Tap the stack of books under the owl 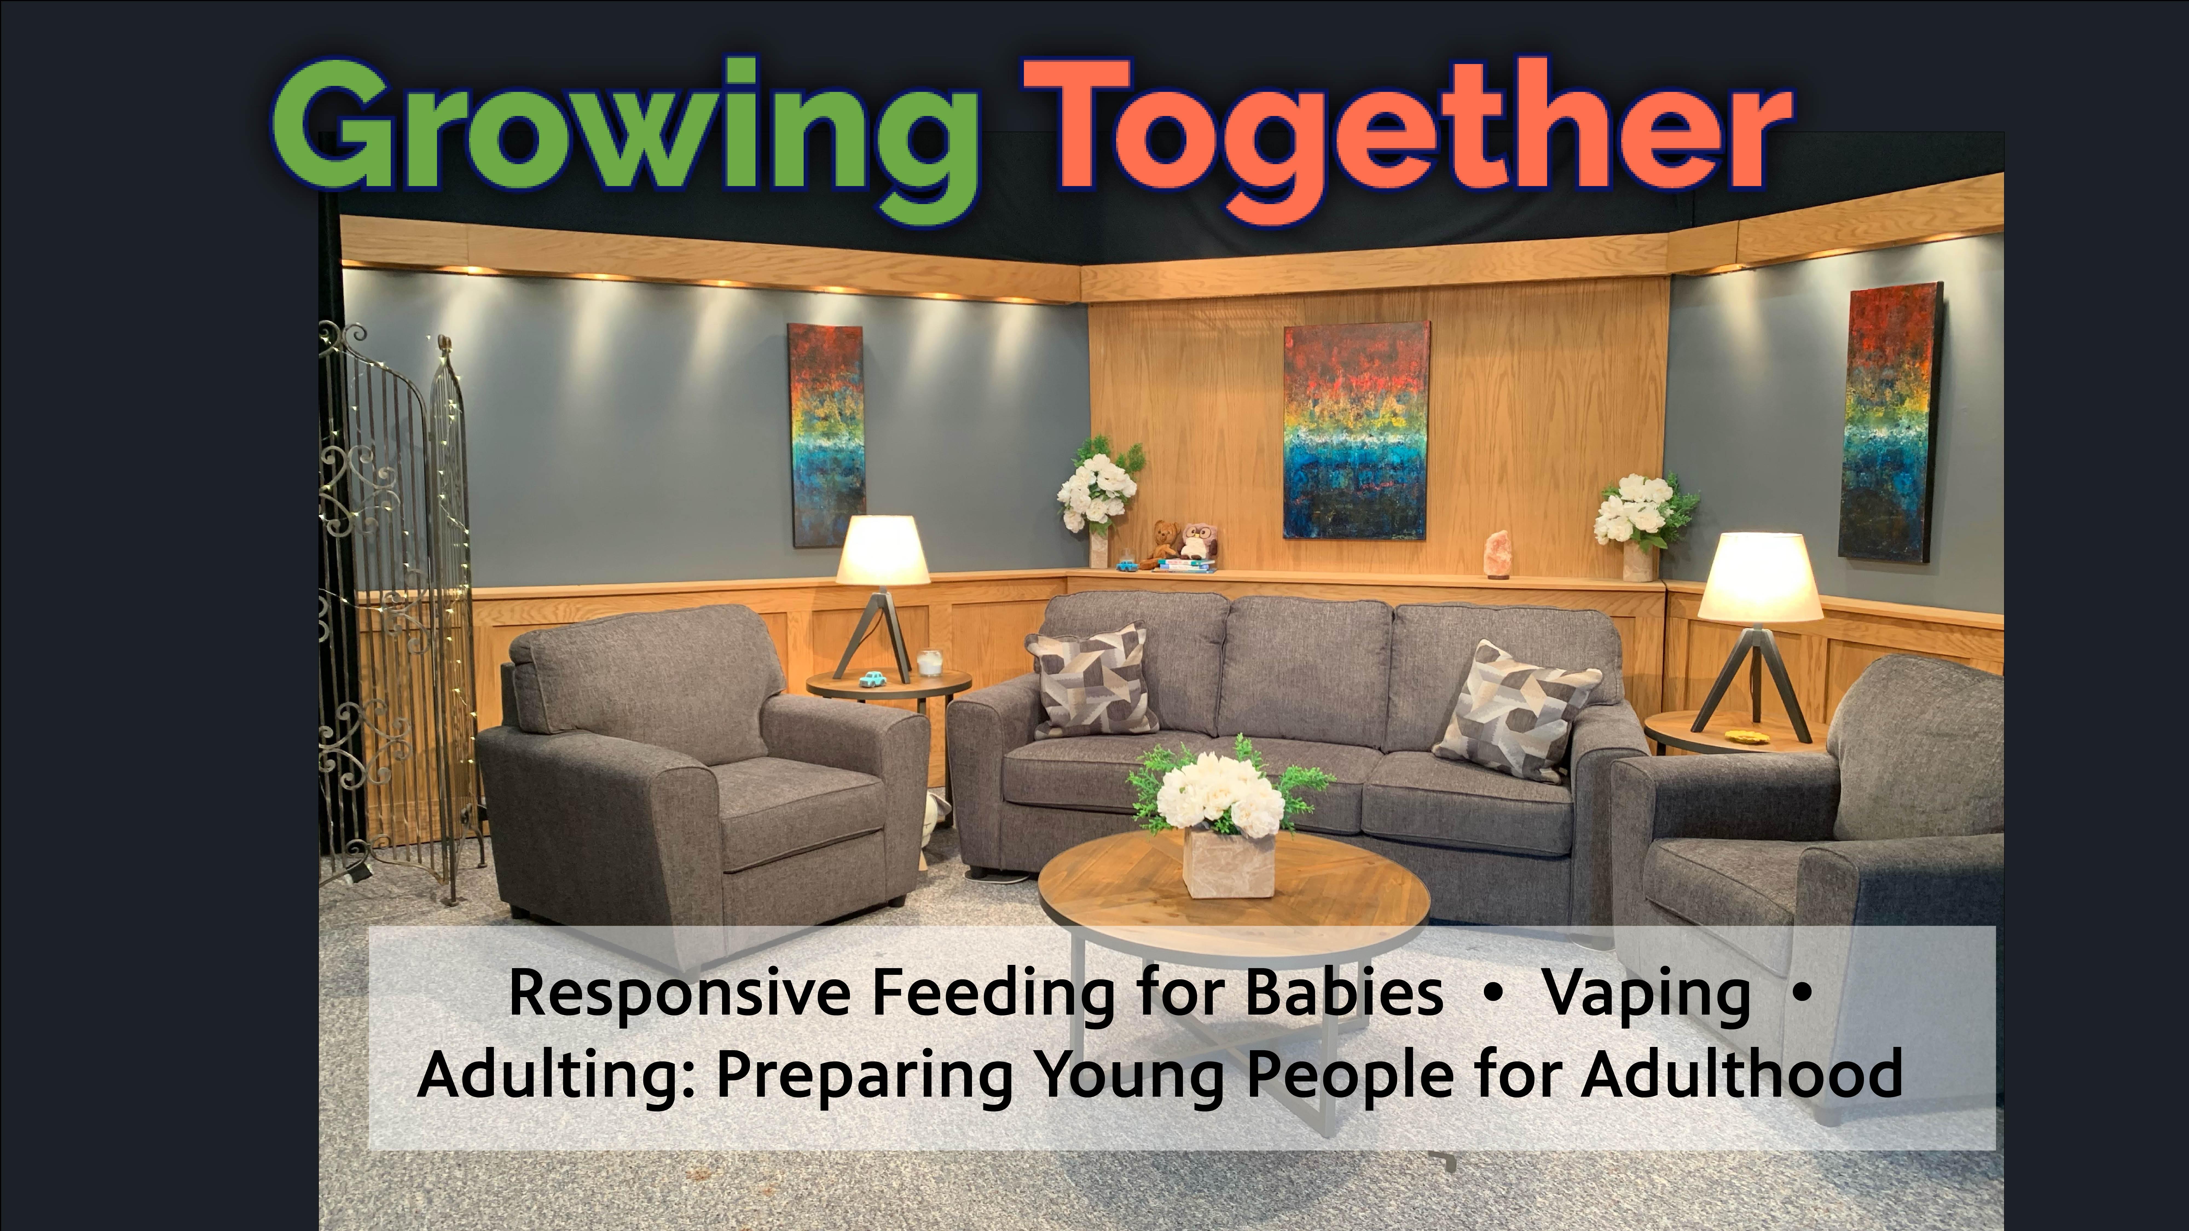click(x=1185, y=565)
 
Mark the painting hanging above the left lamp click(x=827, y=435)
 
